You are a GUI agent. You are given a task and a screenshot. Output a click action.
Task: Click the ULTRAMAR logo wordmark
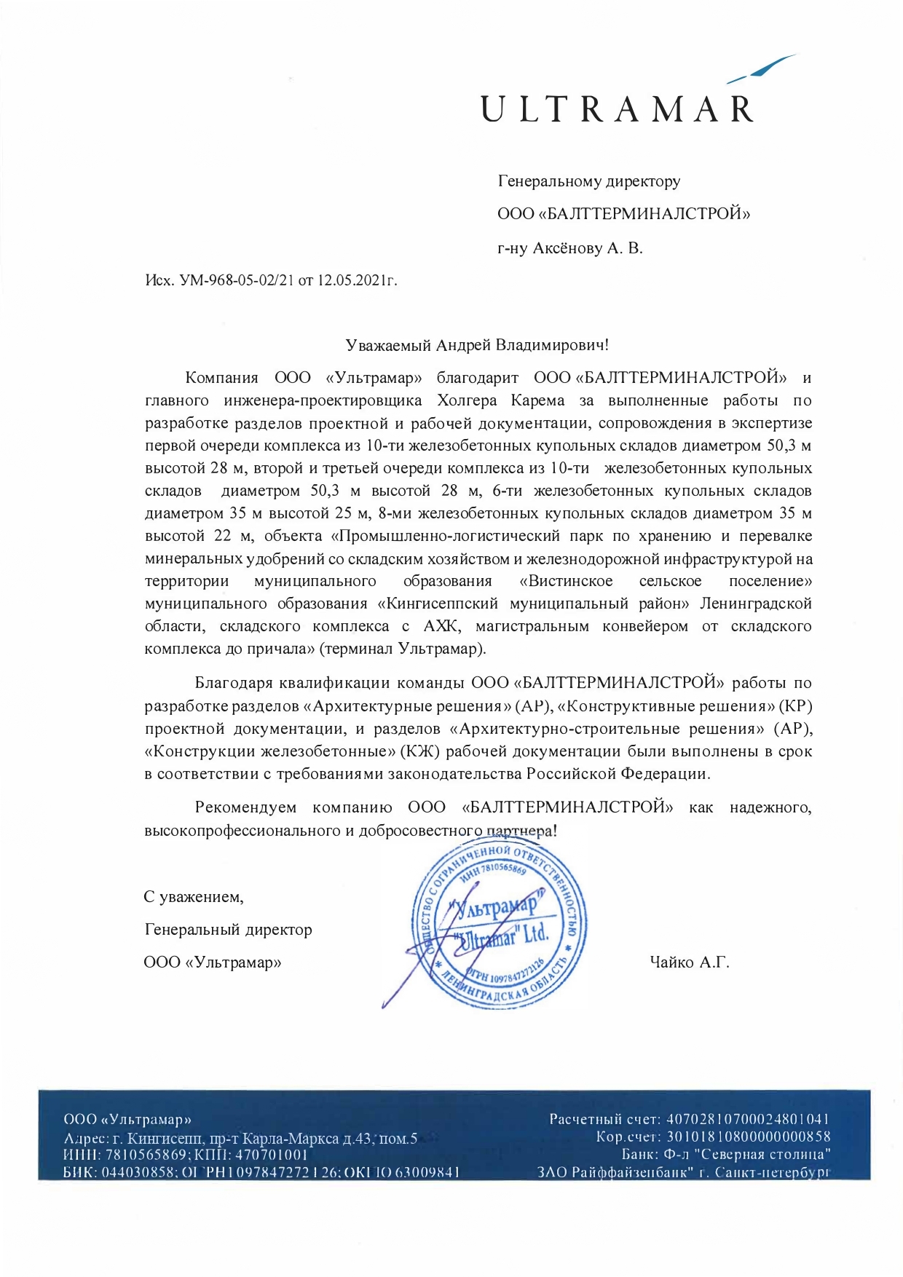coord(617,109)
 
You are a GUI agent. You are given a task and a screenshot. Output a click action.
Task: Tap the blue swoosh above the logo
coord(761,68)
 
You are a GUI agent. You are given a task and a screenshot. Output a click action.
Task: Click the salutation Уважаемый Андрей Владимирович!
coord(477,344)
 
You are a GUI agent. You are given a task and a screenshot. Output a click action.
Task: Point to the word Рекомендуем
coord(246,807)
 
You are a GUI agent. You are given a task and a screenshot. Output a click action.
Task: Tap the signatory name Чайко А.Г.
coord(689,962)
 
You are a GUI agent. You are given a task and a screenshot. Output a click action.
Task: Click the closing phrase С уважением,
coord(193,897)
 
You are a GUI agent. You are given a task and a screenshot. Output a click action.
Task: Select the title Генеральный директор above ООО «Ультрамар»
coord(228,930)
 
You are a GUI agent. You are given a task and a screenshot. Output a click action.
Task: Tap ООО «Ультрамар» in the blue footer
coord(128,1120)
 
